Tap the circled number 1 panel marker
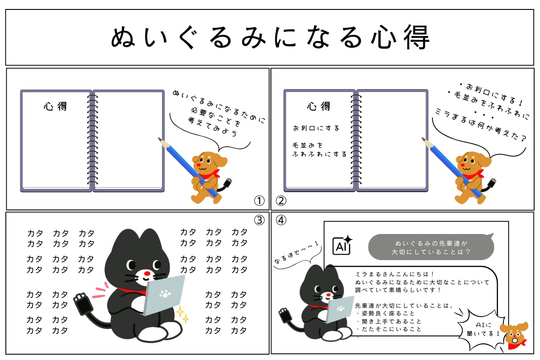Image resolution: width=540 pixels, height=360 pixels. coord(259,201)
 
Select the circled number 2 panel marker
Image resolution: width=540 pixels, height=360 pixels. coord(281,201)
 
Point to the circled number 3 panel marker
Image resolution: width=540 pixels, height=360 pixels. coord(259,220)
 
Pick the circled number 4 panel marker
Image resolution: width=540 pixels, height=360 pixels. coord(281,220)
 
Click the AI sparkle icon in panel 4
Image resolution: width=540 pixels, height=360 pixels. coord(342,245)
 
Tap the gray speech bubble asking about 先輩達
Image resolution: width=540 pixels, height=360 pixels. coord(431,247)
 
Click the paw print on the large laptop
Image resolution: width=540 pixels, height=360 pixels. coord(165,294)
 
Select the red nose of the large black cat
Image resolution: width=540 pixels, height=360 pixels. coord(147,274)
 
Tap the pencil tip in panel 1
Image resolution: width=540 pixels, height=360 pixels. coord(160,139)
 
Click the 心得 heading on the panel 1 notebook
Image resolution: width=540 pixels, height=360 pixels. coord(55,106)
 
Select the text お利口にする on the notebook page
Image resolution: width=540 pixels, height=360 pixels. coord(316,128)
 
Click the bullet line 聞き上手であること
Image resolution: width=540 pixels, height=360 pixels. coord(391,321)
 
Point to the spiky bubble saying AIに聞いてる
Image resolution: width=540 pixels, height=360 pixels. coord(482,329)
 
